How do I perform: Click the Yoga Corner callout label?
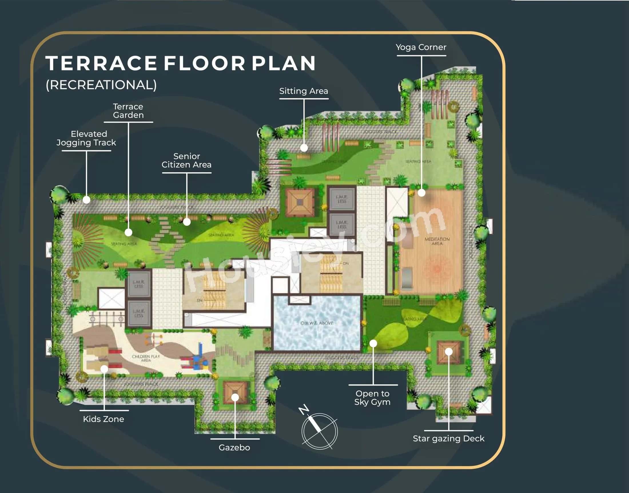tap(421, 47)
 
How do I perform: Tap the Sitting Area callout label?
tap(304, 91)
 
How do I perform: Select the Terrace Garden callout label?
tap(128, 111)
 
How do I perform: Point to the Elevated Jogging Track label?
tap(86, 138)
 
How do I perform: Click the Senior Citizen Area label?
tap(186, 161)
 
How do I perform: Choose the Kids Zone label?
tap(103, 419)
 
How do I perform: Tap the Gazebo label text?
tap(234, 447)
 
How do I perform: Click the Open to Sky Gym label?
tap(373, 398)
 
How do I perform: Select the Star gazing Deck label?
tap(449, 438)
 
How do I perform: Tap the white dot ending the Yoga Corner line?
tap(421, 193)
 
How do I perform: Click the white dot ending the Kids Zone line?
tap(104, 369)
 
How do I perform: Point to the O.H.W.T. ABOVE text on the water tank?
tap(317, 323)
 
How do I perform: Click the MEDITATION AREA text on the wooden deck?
tap(437, 241)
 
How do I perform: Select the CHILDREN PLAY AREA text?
tap(146, 358)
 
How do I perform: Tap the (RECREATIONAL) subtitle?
tap(101, 85)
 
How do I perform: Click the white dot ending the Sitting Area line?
tap(304, 148)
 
